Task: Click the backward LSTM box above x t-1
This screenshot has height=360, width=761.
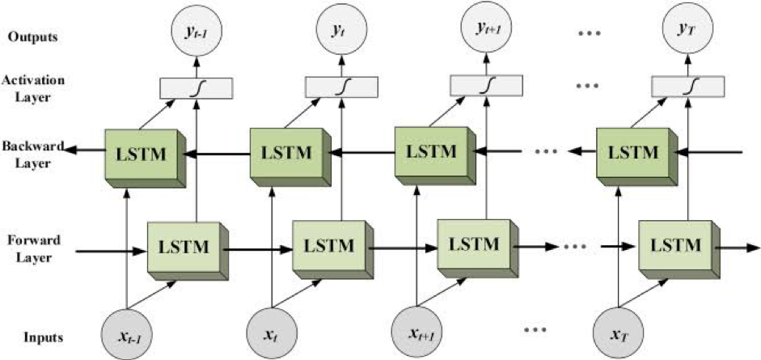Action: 138,153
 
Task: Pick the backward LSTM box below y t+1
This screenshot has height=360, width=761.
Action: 429,151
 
